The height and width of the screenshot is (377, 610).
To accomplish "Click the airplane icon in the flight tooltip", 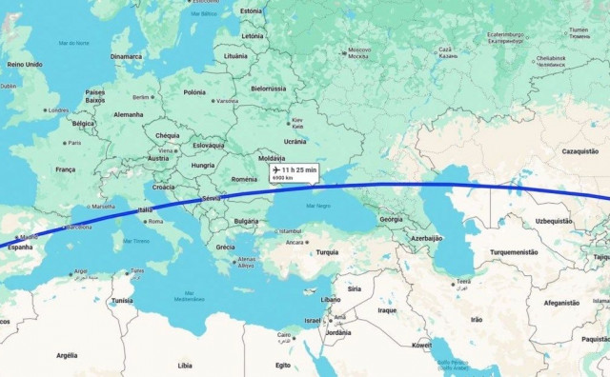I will pos(276,169).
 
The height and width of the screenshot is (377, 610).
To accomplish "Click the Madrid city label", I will pos(30,237).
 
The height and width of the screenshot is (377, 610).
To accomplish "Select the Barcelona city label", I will pos(77,228).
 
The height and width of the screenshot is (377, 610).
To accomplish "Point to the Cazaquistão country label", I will pos(579,151).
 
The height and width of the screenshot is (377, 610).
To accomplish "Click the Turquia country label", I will pos(327,252).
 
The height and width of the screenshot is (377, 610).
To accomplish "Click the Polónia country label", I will pos(194,92).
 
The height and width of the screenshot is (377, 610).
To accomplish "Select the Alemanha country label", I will pos(128,114).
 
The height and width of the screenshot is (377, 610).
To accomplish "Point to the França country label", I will pos(65,169).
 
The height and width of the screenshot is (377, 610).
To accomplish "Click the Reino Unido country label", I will pos(25,64).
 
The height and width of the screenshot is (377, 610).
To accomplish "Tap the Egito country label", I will pos(283,365).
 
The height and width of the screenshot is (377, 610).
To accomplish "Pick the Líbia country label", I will pos(184,365).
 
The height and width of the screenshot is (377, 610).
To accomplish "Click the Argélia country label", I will pos(66,355).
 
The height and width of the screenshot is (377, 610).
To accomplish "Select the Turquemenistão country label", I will pos(514,252).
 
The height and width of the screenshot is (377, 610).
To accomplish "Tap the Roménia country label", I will pos(244,178).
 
